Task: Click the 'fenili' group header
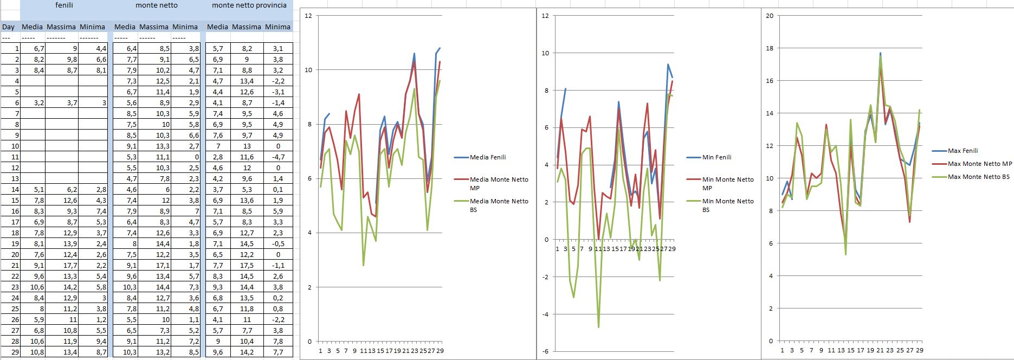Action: pos(64,5)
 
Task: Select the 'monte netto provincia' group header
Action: pos(249,5)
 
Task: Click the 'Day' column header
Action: pos(9,27)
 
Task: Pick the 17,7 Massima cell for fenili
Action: pos(62,265)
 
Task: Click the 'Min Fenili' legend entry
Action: pos(716,157)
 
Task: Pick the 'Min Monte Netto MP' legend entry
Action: pos(727,183)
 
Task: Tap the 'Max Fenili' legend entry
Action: pos(963,151)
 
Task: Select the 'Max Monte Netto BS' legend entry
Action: pos(978,177)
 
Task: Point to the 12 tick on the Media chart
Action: pos(308,16)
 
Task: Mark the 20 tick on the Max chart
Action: pos(770,15)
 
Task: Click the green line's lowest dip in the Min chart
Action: pos(599,327)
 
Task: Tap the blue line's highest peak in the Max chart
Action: pos(880,53)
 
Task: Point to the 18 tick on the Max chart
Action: pos(770,48)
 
